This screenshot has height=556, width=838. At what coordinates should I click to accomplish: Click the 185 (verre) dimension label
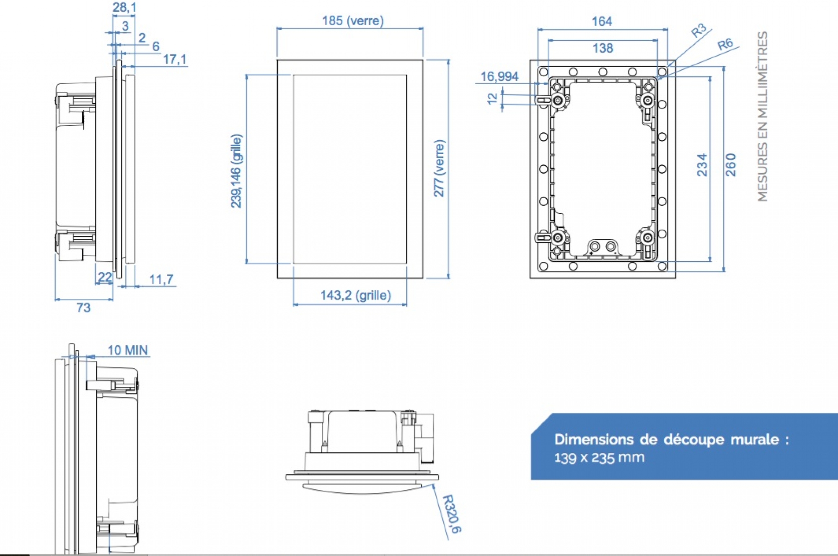point(352,21)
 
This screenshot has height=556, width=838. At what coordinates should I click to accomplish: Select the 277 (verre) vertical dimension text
point(439,168)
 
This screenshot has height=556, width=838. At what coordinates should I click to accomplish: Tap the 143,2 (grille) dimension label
point(355,295)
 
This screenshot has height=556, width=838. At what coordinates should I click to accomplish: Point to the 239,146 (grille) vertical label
point(236,171)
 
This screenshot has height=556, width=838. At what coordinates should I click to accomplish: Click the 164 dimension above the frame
point(602,21)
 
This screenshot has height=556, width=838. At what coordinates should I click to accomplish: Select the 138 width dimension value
point(603,48)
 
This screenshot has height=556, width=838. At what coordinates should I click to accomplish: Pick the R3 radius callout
point(698,31)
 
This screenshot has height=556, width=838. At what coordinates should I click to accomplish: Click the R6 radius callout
point(725,44)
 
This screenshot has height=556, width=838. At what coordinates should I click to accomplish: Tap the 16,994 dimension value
point(499,77)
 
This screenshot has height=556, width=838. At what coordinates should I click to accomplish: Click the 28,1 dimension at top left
point(124,7)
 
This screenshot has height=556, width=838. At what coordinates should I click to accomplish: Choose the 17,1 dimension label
point(174,59)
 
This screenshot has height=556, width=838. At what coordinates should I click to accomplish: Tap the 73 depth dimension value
point(83,308)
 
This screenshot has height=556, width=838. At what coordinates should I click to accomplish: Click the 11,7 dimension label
point(161,279)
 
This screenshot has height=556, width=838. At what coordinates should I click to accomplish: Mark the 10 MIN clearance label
point(128,350)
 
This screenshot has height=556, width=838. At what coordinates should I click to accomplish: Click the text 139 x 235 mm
point(599,458)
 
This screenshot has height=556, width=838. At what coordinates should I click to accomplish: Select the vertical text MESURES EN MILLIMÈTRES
point(763,116)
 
